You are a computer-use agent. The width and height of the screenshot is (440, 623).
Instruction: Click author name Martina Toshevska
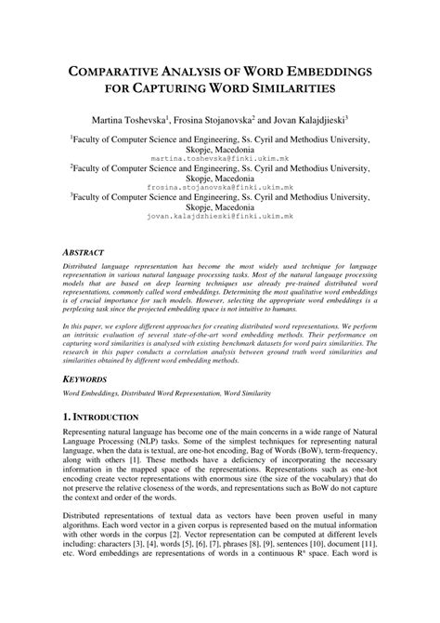(136, 121)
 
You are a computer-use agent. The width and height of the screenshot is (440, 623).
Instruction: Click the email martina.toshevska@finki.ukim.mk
(220, 159)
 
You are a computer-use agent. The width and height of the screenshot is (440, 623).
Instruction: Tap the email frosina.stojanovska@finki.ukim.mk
(220, 187)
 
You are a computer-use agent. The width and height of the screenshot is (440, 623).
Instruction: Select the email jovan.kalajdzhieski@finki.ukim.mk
(220, 215)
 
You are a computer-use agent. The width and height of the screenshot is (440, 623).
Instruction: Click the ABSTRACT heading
(88, 252)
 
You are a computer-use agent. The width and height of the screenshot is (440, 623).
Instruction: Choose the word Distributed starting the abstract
(82, 265)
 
